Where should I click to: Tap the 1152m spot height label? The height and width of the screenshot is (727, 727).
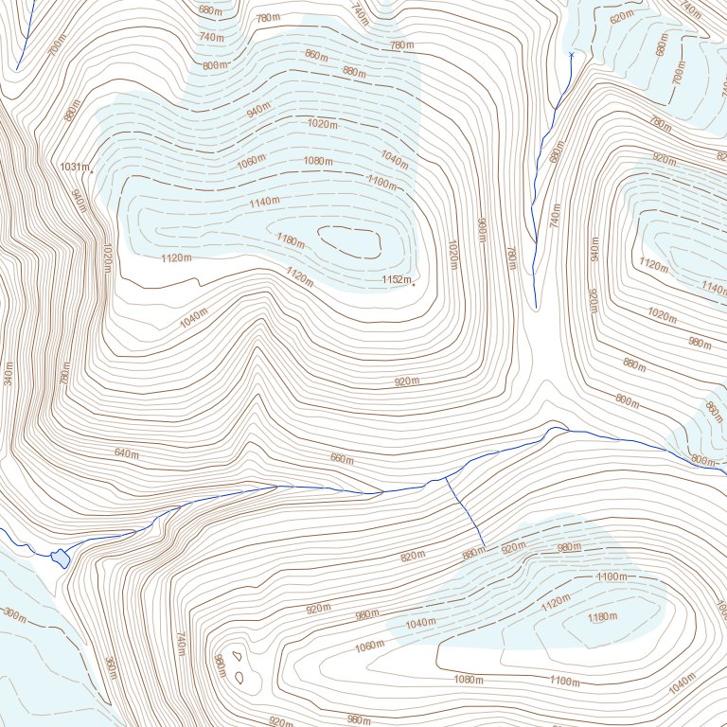[396, 279]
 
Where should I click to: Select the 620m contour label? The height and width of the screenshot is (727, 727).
[622, 18]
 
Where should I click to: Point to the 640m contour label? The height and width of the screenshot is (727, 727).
[127, 453]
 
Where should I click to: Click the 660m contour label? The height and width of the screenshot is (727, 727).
[341, 459]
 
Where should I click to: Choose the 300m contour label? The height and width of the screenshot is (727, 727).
[13, 614]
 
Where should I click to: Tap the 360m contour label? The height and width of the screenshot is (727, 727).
[110, 668]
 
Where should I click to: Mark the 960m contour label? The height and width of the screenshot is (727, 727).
[220, 665]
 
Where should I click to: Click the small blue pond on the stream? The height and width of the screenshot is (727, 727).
[61, 558]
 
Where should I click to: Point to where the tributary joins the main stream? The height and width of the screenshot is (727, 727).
[446, 479]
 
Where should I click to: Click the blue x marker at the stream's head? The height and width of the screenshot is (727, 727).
[572, 55]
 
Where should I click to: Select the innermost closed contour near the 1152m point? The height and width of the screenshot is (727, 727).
[349, 241]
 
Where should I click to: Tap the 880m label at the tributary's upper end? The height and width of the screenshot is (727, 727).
[472, 553]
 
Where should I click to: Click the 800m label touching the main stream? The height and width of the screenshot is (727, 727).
[703, 460]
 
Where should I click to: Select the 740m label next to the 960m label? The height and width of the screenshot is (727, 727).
[180, 644]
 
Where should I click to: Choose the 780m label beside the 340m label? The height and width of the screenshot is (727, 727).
[65, 374]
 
